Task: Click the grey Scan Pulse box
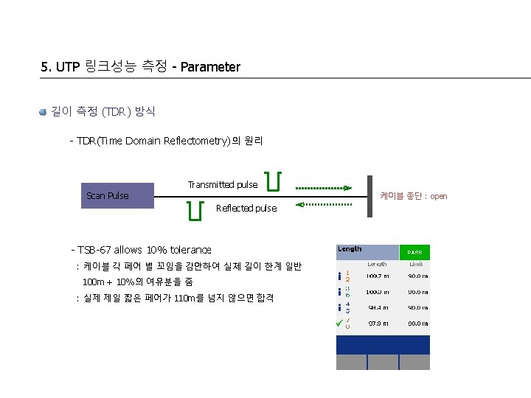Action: [x=108, y=195]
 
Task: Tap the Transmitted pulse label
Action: [x=223, y=184]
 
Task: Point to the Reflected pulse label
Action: [x=246, y=209]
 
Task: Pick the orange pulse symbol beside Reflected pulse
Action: [x=195, y=210]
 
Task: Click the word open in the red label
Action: [x=439, y=196]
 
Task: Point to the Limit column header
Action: [x=415, y=263]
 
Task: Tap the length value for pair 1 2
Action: [x=378, y=276]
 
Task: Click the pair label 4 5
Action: [x=347, y=307]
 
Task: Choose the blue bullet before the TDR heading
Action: [x=44, y=111]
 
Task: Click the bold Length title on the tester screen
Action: [x=350, y=249]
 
